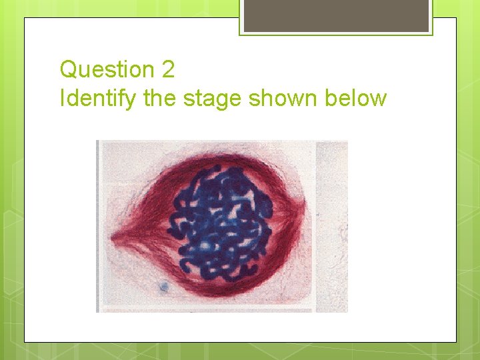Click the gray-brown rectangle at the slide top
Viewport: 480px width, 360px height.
pos(336,15)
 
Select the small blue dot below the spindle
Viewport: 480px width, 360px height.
pos(163,287)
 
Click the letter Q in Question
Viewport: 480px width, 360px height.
pos(68,69)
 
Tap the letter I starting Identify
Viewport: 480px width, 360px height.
pos(62,99)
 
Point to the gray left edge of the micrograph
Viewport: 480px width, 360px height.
pos(97,227)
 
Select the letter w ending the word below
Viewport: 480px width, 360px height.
pos(379,99)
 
